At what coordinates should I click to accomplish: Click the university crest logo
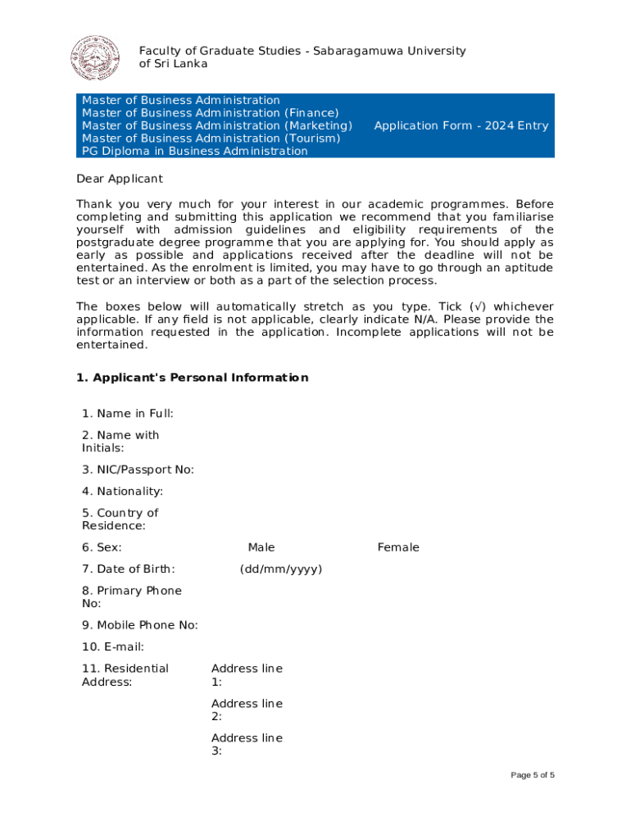[x=95, y=58]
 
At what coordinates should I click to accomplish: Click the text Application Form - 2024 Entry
[x=461, y=125]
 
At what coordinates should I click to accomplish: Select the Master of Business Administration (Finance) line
[x=211, y=113]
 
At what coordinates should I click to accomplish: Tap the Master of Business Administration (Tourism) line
[x=211, y=138]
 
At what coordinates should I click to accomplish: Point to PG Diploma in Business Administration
[x=195, y=152]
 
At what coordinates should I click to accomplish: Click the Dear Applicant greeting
[x=120, y=179]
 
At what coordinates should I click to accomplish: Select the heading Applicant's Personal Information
[x=193, y=378]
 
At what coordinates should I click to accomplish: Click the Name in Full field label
[x=127, y=414]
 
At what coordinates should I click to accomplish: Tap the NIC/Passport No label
[x=138, y=469]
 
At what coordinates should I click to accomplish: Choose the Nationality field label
[x=122, y=492]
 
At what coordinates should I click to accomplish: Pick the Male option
[x=261, y=547]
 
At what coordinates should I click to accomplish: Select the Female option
[x=398, y=547]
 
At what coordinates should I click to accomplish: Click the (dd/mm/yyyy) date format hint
[x=281, y=569]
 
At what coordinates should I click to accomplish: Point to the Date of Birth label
[x=128, y=569]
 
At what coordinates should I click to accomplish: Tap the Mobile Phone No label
[x=139, y=625]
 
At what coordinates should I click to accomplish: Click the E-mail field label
[x=113, y=647]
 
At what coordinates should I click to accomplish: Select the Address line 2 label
[x=247, y=710]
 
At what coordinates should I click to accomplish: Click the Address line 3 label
[x=247, y=744]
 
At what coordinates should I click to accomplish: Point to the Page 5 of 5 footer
[x=533, y=775]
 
